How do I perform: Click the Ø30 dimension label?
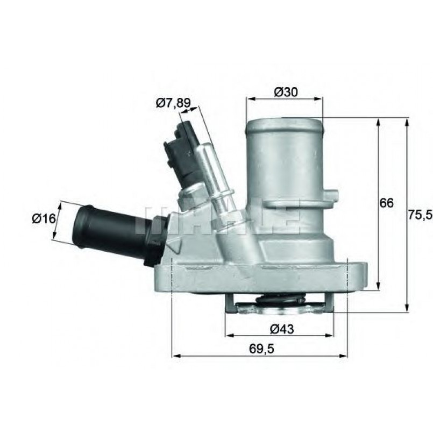pyautogui.click(x=286, y=92)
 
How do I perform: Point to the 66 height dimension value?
pyautogui.click(x=387, y=203)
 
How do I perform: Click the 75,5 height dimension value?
pyautogui.click(x=421, y=215)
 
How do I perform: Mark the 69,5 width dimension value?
pyautogui.click(x=262, y=349)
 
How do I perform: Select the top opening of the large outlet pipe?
pyautogui.click(x=284, y=124)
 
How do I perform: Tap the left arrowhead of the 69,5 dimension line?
pyautogui.click(x=175, y=356)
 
